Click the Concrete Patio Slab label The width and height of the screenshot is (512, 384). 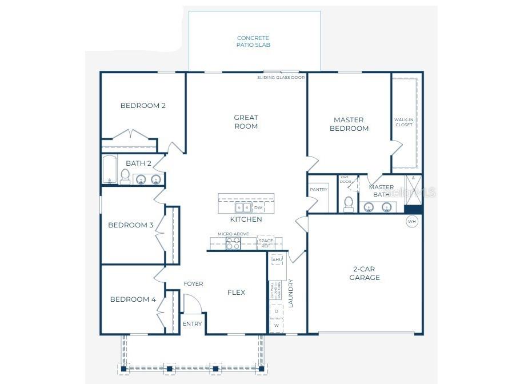coord(253,41)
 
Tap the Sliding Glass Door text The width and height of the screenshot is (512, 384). coord(281,77)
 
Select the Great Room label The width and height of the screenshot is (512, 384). coord(246,122)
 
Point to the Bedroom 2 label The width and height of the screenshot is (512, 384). coord(143,106)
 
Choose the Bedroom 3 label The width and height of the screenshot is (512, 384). coord(131,225)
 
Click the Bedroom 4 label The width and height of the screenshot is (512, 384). coord(133,299)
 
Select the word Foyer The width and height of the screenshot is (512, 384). coord(193,284)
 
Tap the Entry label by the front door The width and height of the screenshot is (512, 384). coord(192,324)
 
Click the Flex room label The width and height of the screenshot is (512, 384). coord(237,293)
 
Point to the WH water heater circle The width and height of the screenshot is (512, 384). coord(411,221)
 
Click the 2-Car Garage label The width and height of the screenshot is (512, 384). coord(365,273)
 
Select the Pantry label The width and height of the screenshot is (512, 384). coord(318,189)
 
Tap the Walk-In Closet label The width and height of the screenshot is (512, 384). coord(403,123)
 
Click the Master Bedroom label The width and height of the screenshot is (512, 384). coord(349,124)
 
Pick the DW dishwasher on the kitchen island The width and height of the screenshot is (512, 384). coord(258,208)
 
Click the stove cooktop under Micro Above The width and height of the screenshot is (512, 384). coord(233,243)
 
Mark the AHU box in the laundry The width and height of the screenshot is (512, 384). coord(277,259)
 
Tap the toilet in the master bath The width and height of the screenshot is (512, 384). coord(348,203)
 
